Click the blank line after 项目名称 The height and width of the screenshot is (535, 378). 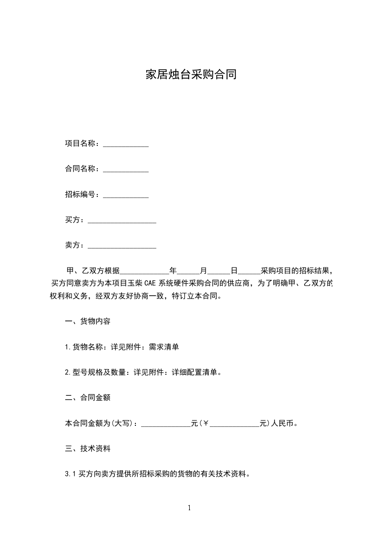(126, 144)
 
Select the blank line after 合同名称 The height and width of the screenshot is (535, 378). (126, 170)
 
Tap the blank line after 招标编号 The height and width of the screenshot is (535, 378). (126, 195)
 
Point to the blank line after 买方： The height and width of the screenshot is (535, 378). (122, 221)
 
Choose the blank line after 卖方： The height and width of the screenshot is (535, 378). (122, 246)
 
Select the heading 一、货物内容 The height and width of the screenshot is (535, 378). (88, 321)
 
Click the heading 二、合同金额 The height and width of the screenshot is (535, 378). (88, 398)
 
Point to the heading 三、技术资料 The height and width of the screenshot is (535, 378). (88, 449)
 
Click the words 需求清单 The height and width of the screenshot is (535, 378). (164, 347)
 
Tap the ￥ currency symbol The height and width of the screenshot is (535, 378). (206, 423)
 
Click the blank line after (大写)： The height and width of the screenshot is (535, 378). (166, 424)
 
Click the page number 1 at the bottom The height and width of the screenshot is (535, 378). (189, 508)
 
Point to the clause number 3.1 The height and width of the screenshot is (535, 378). (70, 474)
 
